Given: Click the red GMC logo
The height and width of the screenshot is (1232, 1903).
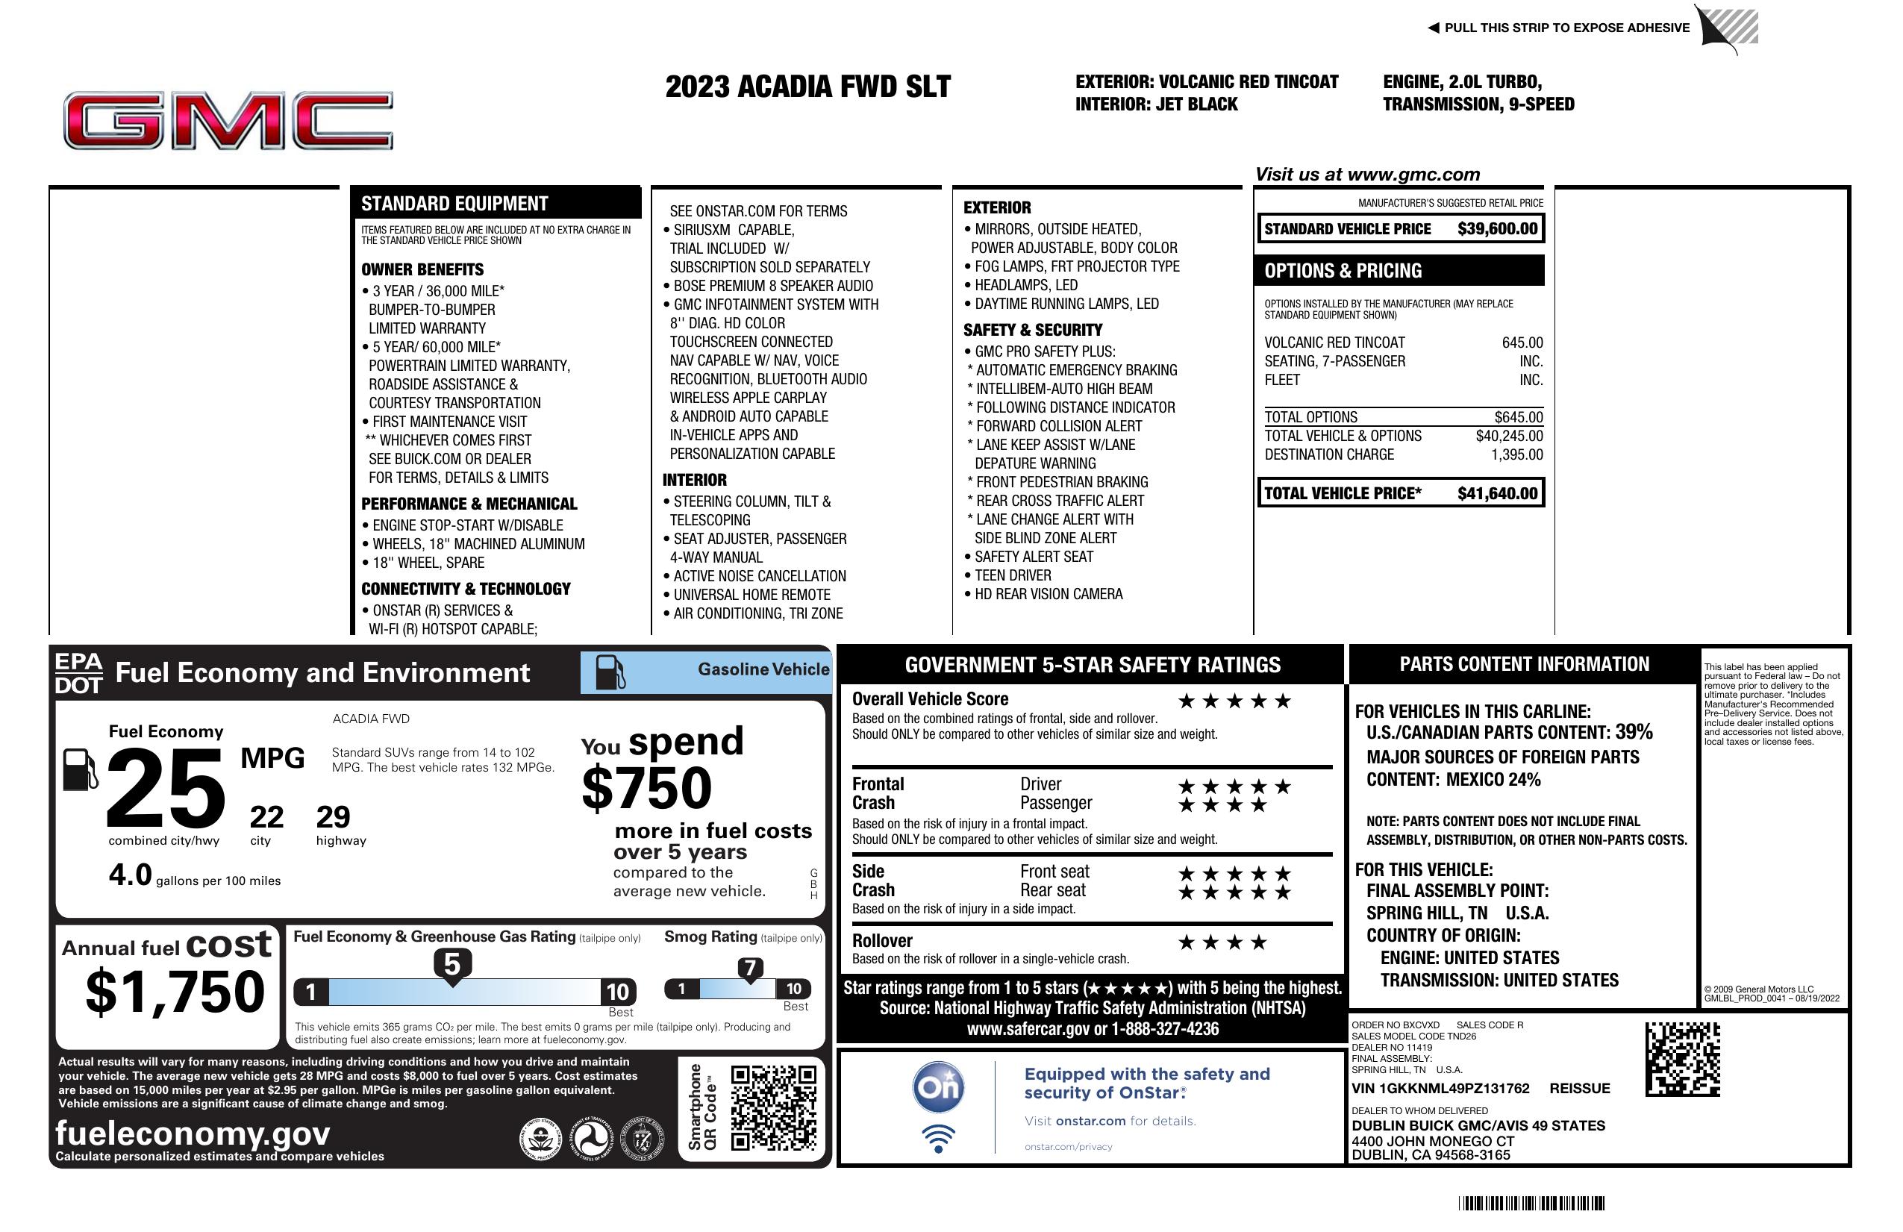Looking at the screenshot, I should pos(228,121).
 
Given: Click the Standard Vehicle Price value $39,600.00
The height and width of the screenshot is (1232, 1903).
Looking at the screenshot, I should pos(1497,228).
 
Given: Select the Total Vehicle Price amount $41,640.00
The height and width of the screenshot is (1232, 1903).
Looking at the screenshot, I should pos(1497,493).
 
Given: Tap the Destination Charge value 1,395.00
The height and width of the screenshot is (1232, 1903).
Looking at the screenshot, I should pos(1516,455).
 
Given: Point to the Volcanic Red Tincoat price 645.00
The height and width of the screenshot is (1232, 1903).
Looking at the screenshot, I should pos(1522,343).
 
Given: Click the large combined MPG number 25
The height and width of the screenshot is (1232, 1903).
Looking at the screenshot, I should pos(166,788).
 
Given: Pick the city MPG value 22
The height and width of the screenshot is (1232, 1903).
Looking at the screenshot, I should pos(266,817).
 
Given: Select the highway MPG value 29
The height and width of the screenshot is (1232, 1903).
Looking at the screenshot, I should pos(333,817).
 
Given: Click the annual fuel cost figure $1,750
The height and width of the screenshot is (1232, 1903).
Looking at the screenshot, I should pos(175,992).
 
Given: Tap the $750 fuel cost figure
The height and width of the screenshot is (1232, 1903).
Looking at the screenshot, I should pos(647,788).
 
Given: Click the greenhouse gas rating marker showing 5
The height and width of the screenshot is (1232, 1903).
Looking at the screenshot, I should pos(452,966).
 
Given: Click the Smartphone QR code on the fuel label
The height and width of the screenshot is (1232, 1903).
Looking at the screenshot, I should pos(773,1107).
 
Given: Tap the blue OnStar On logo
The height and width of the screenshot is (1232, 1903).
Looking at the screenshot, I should pos(939,1087).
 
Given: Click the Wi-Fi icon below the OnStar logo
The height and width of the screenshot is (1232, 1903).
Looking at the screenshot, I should pos(939,1139).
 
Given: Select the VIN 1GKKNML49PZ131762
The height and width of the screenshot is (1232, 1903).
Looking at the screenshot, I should pos(1440,1089).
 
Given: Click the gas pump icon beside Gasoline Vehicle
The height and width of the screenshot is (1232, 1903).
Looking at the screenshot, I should pos(610,672).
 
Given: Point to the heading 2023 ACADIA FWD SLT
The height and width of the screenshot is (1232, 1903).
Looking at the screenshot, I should pos(807,87).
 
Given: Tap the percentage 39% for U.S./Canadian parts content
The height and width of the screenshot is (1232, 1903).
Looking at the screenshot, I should pos(1634,732).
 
